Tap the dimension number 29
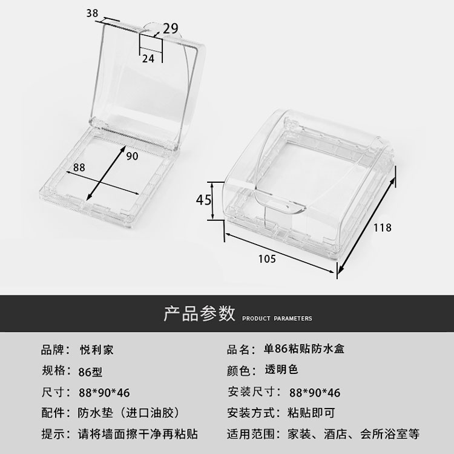click(x=170, y=27)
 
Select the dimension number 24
click(x=148, y=58)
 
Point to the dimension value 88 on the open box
click(x=79, y=167)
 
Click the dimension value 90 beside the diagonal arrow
click(x=133, y=156)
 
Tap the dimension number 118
click(x=382, y=228)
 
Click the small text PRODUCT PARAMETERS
click(x=277, y=318)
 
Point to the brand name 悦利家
click(x=96, y=349)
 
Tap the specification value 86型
click(x=91, y=370)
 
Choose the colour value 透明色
click(x=281, y=370)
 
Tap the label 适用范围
click(x=248, y=434)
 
